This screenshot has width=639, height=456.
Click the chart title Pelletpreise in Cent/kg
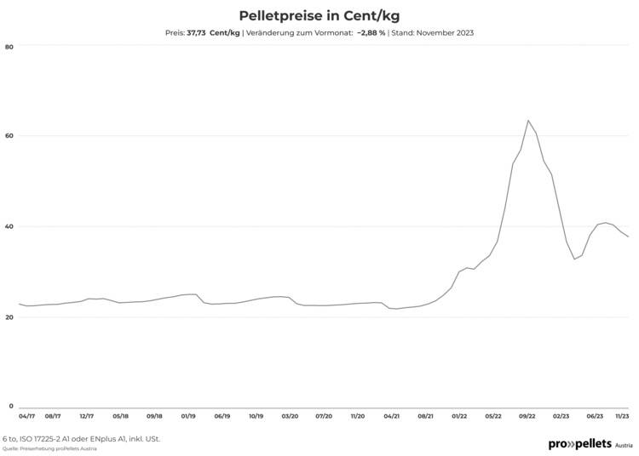[319, 15]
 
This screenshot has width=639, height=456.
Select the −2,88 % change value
[371, 33]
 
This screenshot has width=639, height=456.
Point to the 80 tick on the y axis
[9, 46]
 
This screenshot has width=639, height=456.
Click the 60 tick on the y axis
[9, 136]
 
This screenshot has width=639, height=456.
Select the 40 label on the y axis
[9, 226]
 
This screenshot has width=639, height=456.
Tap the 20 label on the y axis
[9, 317]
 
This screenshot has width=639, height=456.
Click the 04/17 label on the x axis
[27, 417]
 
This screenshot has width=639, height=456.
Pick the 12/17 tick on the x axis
[86, 417]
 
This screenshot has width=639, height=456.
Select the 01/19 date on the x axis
[188, 417]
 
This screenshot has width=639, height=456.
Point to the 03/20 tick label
[290, 417]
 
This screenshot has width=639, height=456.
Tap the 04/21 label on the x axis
[392, 417]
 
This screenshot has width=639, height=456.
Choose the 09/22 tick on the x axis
[527, 417]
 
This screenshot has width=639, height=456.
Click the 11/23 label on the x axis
[623, 417]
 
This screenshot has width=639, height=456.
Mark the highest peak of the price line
[528, 120]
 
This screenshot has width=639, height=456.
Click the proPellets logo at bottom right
[590, 444]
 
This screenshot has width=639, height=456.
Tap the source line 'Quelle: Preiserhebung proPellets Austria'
[49, 448]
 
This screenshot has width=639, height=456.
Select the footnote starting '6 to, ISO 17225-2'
[81, 439]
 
